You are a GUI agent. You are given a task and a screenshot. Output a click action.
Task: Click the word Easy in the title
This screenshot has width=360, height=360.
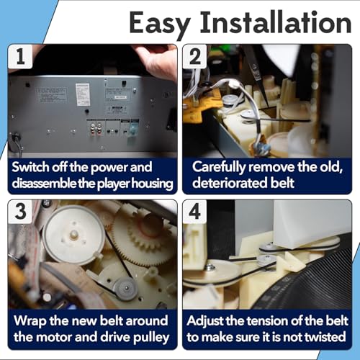(x=160, y=24)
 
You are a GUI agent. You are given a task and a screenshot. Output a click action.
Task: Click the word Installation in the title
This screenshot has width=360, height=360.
(x=276, y=22)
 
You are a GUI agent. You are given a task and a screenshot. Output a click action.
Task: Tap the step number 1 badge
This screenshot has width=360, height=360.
(x=20, y=57)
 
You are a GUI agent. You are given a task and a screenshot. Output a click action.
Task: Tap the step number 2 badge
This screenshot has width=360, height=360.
(x=195, y=57)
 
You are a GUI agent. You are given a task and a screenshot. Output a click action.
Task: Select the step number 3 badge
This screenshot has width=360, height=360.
(x=20, y=212)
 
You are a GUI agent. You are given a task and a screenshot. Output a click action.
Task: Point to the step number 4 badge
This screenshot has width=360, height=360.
(x=195, y=212)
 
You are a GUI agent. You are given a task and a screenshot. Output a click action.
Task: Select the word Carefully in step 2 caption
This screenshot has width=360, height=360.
(x=219, y=168)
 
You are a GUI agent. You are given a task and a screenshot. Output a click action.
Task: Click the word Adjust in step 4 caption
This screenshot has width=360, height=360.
(x=205, y=322)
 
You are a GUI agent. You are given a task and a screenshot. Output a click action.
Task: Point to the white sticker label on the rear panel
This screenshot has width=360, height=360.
(x=83, y=94)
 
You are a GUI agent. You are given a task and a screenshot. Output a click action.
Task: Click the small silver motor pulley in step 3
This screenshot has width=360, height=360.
(x=126, y=289)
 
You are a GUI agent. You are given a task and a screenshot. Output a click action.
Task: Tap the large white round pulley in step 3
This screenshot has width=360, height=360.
(x=74, y=235)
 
